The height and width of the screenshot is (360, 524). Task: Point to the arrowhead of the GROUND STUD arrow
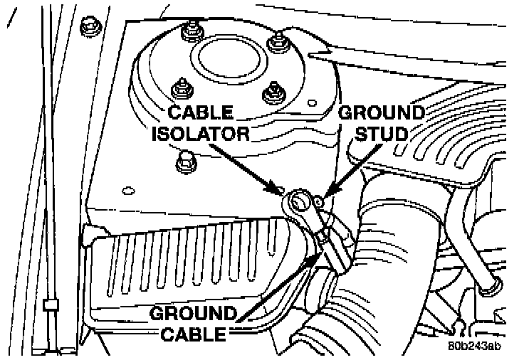pyautogui.click(x=323, y=192)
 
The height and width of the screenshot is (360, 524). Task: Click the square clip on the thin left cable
pyautogui.click(x=49, y=306)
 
